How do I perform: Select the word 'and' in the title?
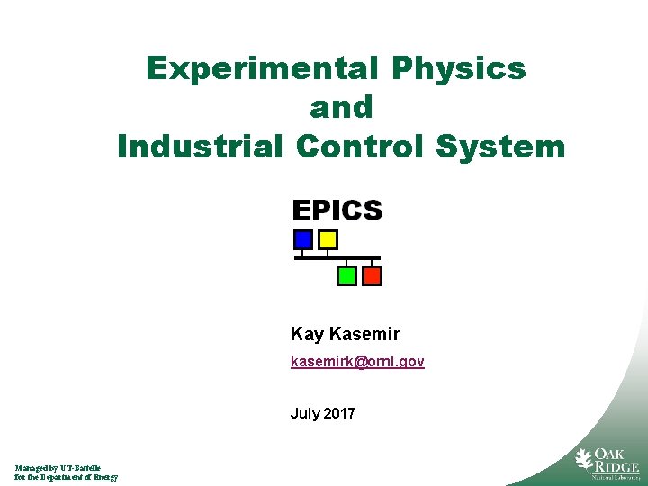[x=341, y=107]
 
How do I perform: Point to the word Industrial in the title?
[x=199, y=146]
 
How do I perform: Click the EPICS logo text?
[x=337, y=211]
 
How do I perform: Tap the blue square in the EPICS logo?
[x=303, y=240]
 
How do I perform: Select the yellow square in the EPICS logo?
[x=328, y=240]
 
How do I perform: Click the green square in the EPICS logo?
[x=346, y=275]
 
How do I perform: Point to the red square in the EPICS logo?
[x=371, y=275]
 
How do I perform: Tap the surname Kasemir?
[x=364, y=335]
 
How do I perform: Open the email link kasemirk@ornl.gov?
[x=357, y=362]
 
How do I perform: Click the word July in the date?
[x=304, y=414]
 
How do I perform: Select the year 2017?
[x=338, y=414]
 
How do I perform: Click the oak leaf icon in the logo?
[x=584, y=460]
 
